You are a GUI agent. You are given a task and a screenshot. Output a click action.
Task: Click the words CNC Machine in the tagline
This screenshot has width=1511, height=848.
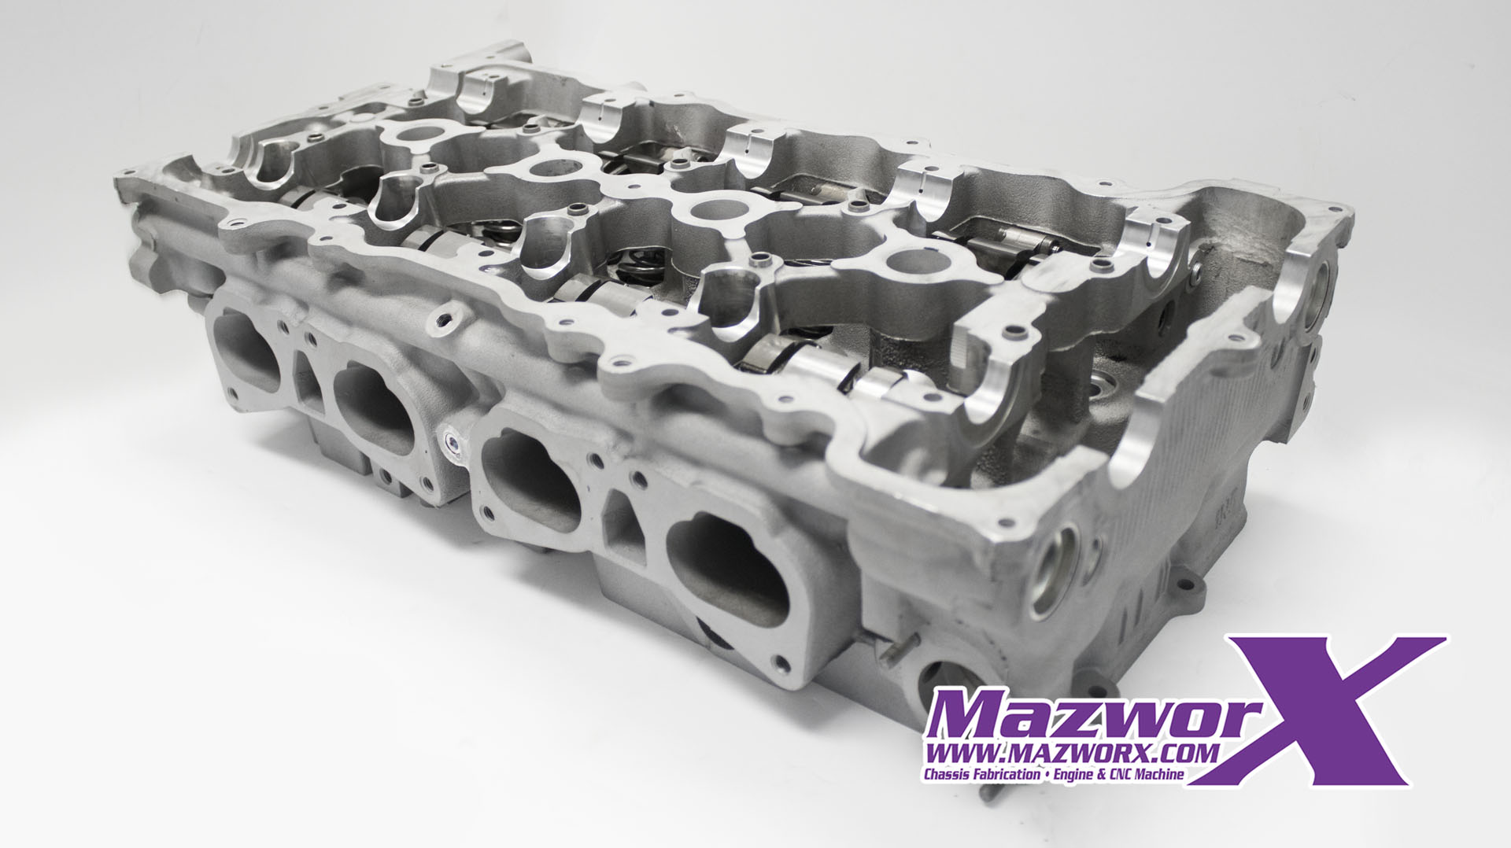pyautogui.click(x=1145, y=775)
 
